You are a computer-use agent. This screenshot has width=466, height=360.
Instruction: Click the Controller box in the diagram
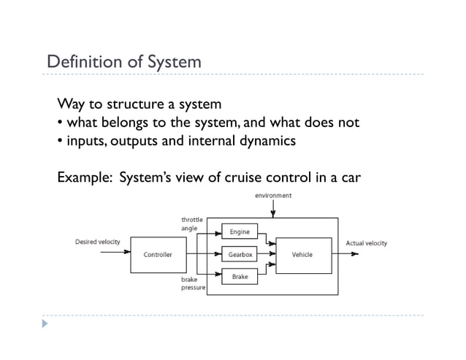[158, 255]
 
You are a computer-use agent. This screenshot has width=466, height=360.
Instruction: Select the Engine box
[240, 232]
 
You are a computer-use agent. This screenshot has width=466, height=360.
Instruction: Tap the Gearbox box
[240, 255]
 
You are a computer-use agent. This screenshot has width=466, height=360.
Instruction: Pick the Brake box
[240, 277]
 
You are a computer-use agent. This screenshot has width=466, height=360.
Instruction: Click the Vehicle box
[303, 255]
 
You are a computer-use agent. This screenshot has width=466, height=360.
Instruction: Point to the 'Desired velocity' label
[98, 242]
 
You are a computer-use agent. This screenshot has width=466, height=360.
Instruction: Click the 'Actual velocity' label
[366, 243]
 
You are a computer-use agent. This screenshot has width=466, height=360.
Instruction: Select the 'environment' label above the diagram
[273, 195]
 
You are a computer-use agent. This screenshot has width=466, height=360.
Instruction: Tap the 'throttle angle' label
[192, 223]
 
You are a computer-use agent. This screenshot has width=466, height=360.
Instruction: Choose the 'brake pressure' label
[193, 284]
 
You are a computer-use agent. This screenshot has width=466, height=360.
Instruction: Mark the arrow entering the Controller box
[117, 254]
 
